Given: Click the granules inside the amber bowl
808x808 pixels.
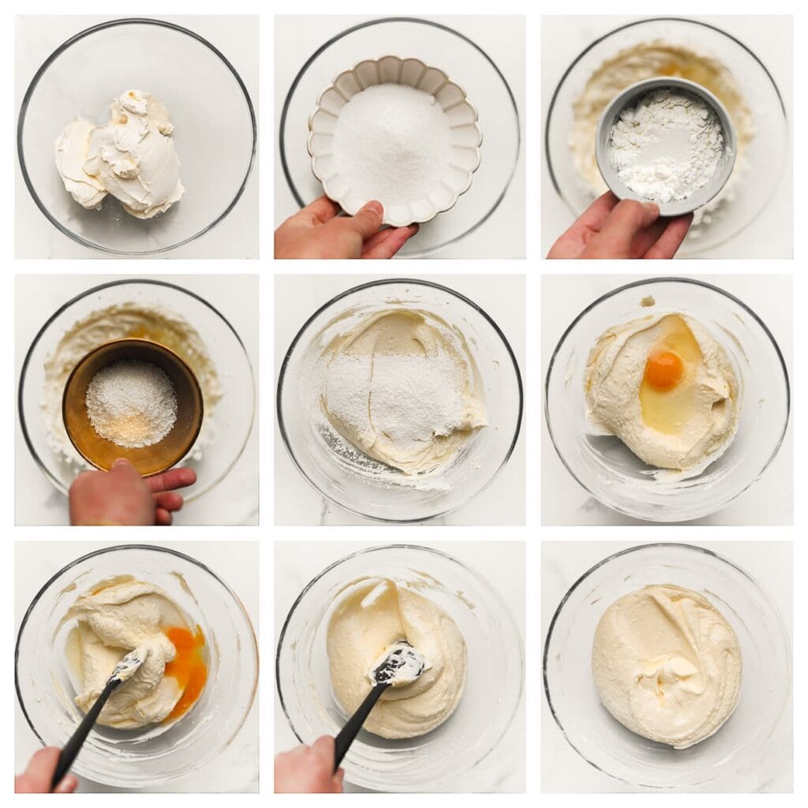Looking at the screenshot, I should click(x=131, y=402).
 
